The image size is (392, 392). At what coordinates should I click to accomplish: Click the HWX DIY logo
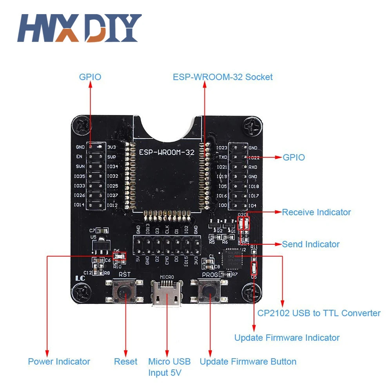(79, 28)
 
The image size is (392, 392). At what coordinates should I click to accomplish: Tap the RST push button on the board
(125, 290)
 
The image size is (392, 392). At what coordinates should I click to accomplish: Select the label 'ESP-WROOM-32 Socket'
(223, 77)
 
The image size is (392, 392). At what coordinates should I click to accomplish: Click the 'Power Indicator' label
(59, 361)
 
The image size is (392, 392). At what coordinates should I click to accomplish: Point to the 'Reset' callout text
(125, 361)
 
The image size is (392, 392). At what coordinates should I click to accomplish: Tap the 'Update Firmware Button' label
(248, 361)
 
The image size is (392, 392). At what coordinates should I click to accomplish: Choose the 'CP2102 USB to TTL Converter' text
(319, 313)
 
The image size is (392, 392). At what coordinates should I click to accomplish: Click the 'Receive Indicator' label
(316, 212)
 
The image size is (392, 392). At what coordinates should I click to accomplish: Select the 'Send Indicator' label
(310, 244)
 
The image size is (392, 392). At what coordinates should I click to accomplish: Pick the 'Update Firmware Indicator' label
(287, 338)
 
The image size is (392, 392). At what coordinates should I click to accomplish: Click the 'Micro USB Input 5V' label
(169, 367)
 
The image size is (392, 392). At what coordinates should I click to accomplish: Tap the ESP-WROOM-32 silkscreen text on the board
(167, 152)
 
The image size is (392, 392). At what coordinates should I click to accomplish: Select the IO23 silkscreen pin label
(221, 148)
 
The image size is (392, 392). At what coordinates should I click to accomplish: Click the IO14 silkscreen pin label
(79, 205)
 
